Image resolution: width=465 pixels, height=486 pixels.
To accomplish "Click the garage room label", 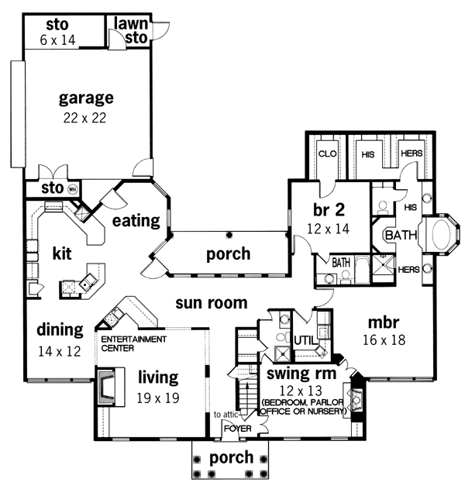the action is pyautogui.click(x=86, y=98).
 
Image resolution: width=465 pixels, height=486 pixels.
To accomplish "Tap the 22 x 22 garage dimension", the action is pyautogui.click(x=84, y=118).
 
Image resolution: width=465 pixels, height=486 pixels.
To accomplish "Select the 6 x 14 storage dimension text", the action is pyautogui.click(x=57, y=40).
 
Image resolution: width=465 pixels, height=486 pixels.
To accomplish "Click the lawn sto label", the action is pyautogui.click(x=131, y=31).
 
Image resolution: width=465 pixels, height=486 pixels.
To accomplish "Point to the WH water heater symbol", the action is pyautogui.click(x=72, y=189).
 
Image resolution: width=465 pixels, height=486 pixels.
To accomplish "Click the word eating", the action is pyautogui.click(x=136, y=221).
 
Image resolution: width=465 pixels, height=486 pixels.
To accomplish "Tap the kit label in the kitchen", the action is pyautogui.click(x=62, y=253).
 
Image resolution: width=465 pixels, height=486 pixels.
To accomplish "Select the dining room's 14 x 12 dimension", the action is pyautogui.click(x=59, y=351).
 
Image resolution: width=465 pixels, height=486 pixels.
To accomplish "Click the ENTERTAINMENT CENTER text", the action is pyautogui.click(x=133, y=343).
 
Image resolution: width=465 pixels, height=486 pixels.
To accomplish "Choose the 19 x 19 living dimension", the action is pyautogui.click(x=158, y=398).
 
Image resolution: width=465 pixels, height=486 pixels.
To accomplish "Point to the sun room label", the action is pyautogui.click(x=212, y=303).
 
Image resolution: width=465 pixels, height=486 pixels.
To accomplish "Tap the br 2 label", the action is pyautogui.click(x=329, y=210).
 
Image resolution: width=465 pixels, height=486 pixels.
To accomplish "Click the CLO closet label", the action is pyautogui.click(x=327, y=153).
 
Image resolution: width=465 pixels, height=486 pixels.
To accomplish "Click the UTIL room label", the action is pyautogui.click(x=305, y=341).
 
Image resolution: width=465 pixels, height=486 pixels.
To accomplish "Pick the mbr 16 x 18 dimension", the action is pyautogui.click(x=384, y=340).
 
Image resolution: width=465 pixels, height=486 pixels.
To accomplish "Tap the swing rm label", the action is pyautogui.click(x=301, y=373).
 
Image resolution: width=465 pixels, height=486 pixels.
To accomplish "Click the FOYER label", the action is pyautogui.click(x=238, y=429).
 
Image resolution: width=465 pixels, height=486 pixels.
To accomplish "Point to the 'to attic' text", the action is pyautogui.click(x=226, y=415).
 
